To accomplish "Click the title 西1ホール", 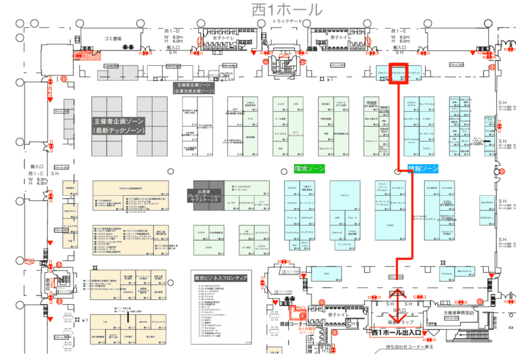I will click(x=287, y=10).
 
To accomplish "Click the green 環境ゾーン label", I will click(x=309, y=169).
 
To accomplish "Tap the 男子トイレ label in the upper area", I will click(x=340, y=38).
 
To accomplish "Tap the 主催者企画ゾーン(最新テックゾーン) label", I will click(x=119, y=126).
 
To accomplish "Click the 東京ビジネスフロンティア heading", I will click(x=220, y=278).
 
